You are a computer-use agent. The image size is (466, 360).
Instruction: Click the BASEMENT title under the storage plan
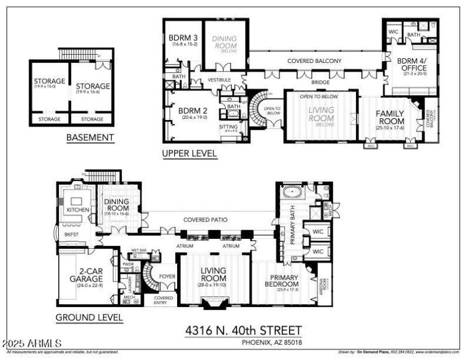pyautogui.click(x=90, y=138)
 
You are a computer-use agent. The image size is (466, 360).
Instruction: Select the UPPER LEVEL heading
pyautogui.click(x=190, y=154)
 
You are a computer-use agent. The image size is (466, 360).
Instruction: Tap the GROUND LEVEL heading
pyautogui.click(x=89, y=318)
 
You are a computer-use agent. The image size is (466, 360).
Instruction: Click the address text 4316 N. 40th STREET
pyautogui.click(x=243, y=330)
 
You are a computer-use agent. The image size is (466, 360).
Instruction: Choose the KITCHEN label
pyautogui.click(x=77, y=209)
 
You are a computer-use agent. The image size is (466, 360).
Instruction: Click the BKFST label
pyautogui.click(x=72, y=234)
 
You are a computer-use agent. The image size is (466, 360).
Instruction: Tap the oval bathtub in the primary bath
pyautogui.click(x=291, y=192)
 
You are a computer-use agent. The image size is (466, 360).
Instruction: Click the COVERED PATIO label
pyautogui.click(x=205, y=220)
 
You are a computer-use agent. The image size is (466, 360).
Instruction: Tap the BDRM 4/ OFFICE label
pyautogui.click(x=410, y=65)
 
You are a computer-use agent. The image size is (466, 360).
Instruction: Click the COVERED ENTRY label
pyautogui.click(x=163, y=300)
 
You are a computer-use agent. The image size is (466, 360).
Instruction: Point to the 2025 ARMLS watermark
pyautogui.click(x=32, y=344)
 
